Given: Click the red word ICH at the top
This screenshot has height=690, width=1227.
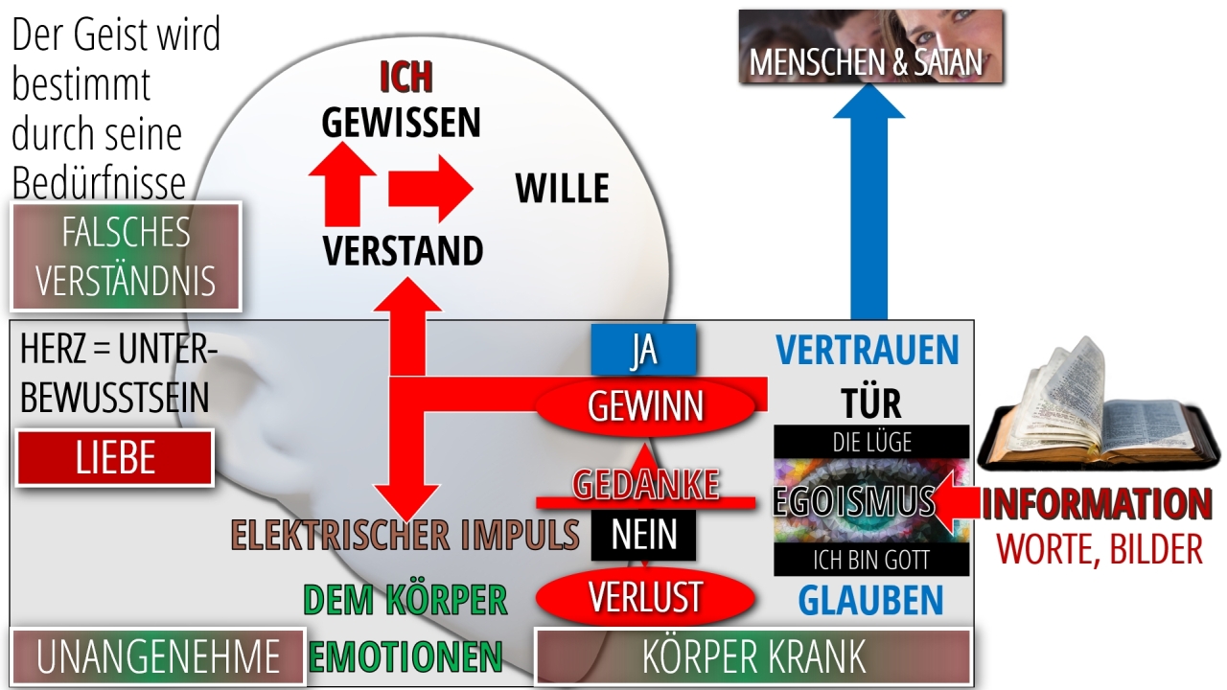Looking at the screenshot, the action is coord(405,78).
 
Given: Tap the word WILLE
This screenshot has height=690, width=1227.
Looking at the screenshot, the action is coord(562,188).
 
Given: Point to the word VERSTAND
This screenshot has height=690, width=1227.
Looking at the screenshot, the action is coord(403,251).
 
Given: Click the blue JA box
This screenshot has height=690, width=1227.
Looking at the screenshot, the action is coord(643,350).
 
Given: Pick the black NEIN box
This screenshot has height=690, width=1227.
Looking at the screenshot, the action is coord(643,535).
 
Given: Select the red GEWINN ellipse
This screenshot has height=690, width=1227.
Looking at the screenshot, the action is coord(645,406).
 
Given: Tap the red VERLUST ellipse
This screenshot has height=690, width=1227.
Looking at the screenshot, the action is coord(645,597).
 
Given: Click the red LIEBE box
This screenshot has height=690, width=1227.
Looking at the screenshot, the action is coord(115,458).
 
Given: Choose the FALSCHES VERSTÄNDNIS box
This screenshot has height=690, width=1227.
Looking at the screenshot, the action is coord(126,256).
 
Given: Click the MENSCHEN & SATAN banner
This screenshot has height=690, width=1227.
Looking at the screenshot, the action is coord(871,47).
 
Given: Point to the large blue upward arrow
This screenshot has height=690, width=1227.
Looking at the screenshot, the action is coord(868,201).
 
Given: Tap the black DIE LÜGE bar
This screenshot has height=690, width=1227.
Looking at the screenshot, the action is coord(871,442).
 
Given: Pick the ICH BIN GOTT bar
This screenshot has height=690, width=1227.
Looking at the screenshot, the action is coord(871,560).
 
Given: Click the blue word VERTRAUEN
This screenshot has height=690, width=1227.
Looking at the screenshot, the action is coord(868,350).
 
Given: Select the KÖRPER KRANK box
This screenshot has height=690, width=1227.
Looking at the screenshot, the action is coord(753,656).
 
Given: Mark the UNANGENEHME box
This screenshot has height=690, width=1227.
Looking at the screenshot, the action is coord(158,656).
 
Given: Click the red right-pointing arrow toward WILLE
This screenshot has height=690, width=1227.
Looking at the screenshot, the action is coord(430,189).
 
